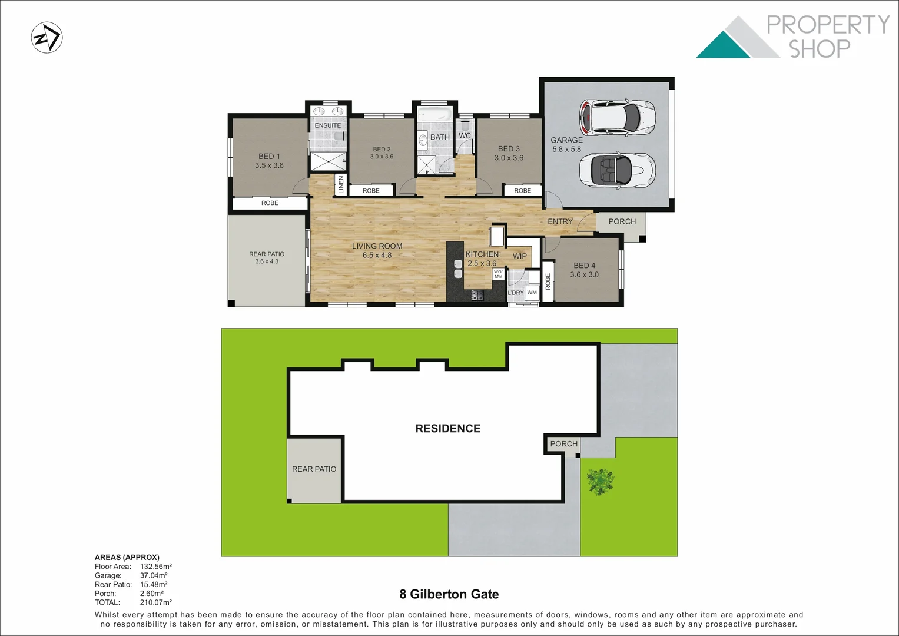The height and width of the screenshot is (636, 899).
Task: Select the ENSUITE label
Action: tap(327, 125)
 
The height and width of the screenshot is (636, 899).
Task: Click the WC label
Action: tap(465, 136)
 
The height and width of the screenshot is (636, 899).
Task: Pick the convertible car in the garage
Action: tap(616, 169)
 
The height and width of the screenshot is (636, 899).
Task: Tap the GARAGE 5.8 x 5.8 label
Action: tap(566, 144)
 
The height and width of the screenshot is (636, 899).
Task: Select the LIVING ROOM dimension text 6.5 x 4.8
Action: tap(377, 256)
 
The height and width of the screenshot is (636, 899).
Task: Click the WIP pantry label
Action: tap(519, 256)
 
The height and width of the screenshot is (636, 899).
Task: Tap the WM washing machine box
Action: tap(532, 293)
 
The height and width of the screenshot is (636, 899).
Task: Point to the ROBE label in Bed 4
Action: tap(548, 282)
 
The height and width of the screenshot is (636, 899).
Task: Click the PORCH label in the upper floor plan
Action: tap(622, 221)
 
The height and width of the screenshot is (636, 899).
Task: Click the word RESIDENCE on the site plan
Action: tap(447, 429)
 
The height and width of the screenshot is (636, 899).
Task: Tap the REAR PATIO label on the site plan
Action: tap(314, 469)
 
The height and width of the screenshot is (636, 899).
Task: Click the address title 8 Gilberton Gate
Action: tap(449, 594)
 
